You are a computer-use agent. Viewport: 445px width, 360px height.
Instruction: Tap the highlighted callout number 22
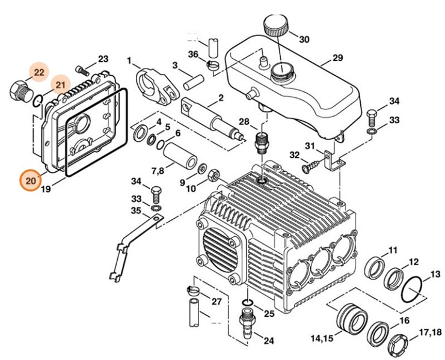[x=39, y=73]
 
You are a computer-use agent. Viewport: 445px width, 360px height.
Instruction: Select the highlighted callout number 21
[x=60, y=86]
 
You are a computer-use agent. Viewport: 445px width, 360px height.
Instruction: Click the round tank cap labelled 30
[x=276, y=27]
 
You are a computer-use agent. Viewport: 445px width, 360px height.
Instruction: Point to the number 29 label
[x=337, y=59]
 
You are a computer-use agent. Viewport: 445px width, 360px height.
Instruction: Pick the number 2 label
[x=221, y=97]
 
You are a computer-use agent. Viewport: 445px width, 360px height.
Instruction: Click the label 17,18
[x=429, y=332]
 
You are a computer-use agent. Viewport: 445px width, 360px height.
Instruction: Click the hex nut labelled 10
[x=213, y=177]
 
